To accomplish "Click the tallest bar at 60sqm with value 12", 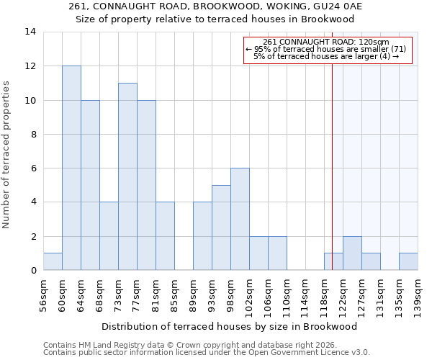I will (x=71, y=168).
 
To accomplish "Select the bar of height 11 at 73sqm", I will (x=127, y=176).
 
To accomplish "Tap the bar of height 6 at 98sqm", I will (x=240, y=219).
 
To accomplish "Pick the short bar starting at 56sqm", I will (x=53, y=261).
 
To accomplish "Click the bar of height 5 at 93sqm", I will (x=221, y=228).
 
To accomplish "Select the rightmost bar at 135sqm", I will (x=408, y=261).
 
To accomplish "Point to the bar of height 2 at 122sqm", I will (x=352, y=253).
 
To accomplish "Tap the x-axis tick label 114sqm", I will (x=306, y=296).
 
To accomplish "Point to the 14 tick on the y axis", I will (x=30, y=32).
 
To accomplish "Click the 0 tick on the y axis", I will (x=33, y=270).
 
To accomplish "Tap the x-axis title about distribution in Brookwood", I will (x=229, y=326).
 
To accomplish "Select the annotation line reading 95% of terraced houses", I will (x=328, y=49).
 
